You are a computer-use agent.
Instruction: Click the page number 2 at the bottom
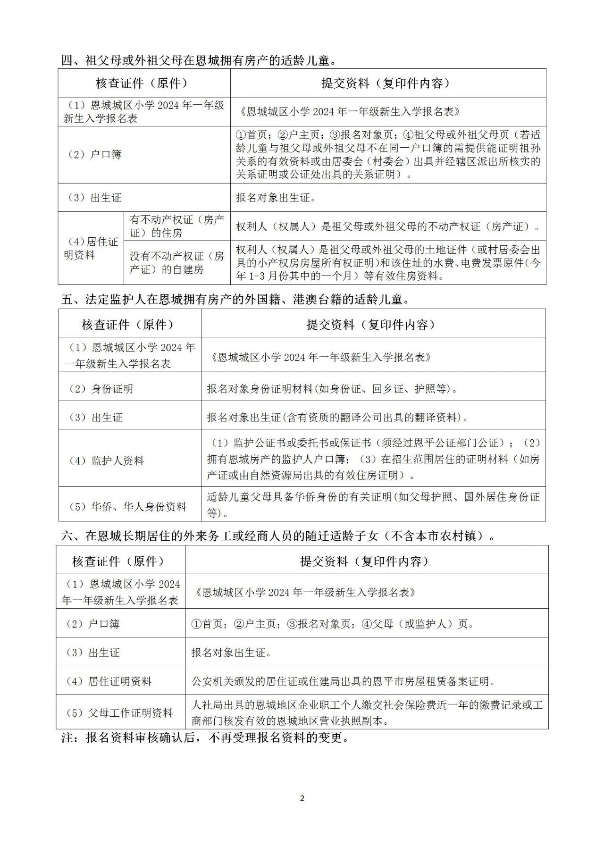click(x=302, y=798)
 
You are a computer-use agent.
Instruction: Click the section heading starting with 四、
click(x=198, y=60)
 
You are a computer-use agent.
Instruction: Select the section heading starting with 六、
click(x=278, y=536)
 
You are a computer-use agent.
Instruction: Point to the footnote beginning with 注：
click(x=205, y=737)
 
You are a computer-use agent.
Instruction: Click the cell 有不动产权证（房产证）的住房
click(x=177, y=226)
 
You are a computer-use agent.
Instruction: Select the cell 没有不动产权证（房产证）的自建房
click(x=177, y=263)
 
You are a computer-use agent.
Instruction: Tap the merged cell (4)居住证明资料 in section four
click(x=91, y=248)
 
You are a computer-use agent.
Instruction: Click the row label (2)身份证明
click(x=101, y=389)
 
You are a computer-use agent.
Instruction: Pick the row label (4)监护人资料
click(x=106, y=460)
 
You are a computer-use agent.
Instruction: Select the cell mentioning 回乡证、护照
click(x=332, y=389)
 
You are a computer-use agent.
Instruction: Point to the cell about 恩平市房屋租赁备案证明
click(x=344, y=681)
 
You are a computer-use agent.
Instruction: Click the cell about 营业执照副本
click(x=367, y=712)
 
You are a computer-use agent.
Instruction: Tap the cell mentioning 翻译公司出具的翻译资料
click(x=338, y=417)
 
